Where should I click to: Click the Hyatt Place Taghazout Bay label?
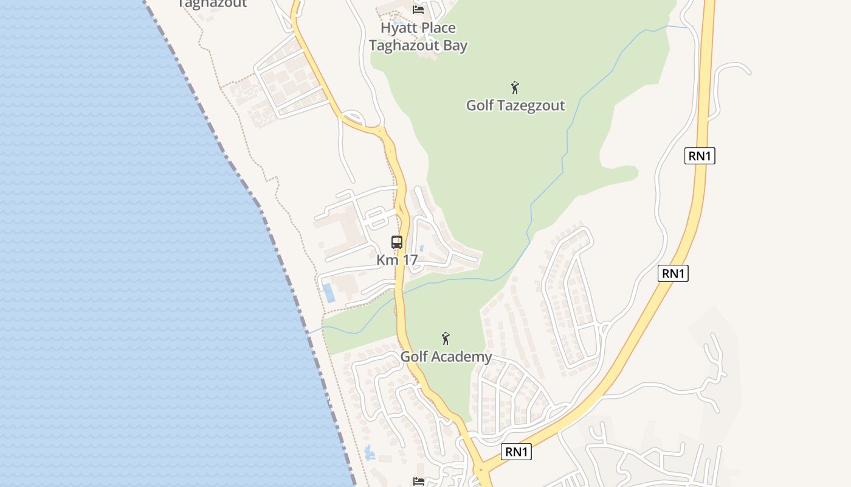(x=418, y=37)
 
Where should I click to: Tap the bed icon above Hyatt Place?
(x=418, y=9)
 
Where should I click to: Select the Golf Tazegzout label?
(x=515, y=105)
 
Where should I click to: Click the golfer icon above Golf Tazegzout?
(x=515, y=88)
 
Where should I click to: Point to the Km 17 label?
(x=397, y=260)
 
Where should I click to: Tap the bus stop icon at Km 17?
(x=397, y=242)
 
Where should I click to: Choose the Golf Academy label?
(x=446, y=357)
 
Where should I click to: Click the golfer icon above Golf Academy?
(x=446, y=338)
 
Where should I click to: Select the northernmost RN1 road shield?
(x=700, y=156)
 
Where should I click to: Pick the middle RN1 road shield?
(x=673, y=273)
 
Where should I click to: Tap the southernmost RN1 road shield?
(x=516, y=452)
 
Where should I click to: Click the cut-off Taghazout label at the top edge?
(x=212, y=4)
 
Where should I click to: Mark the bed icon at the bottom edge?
(x=419, y=482)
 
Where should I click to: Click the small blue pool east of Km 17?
(x=421, y=248)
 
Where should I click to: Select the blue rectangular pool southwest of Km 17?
(x=328, y=293)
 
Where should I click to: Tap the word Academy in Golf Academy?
(x=463, y=357)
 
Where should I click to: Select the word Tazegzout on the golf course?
(x=530, y=105)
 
